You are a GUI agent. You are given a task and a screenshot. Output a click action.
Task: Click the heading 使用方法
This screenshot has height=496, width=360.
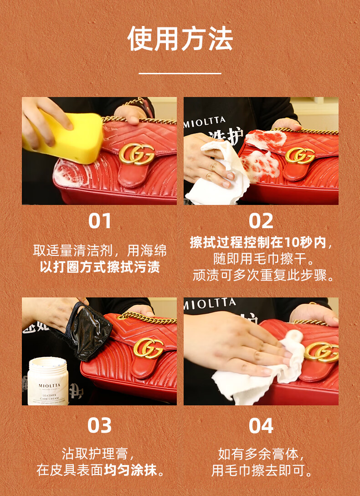pyautogui.click(x=180, y=39)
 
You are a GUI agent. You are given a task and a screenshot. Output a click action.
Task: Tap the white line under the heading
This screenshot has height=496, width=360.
pyautogui.click(x=180, y=73)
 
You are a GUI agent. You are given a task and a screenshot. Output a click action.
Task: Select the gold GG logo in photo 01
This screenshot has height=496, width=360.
pyautogui.click(x=137, y=154)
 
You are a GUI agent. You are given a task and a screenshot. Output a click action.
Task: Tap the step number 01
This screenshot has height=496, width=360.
pyautogui.click(x=100, y=221)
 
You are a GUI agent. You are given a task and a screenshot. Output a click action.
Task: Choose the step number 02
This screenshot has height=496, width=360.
pyautogui.click(x=261, y=221)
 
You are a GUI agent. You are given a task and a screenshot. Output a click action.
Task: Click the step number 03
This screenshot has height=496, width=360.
pyautogui.click(x=99, y=425)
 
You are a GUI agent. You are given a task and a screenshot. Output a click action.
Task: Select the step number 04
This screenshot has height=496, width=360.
pyautogui.click(x=261, y=425)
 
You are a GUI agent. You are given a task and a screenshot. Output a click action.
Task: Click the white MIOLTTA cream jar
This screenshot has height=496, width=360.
pyautogui.click(x=48, y=381)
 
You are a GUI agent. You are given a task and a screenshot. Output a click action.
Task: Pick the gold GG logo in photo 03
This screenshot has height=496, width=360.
pyautogui.click(x=148, y=348)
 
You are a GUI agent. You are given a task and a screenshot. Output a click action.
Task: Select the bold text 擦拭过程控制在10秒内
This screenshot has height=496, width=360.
pyautogui.click(x=258, y=243)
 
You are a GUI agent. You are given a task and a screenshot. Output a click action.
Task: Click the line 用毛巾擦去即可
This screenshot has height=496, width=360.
pyautogui.click(x=262, y=470)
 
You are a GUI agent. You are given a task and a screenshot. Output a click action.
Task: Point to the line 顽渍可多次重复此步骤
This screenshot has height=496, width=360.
pyautogui.click(x=264, y=275)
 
